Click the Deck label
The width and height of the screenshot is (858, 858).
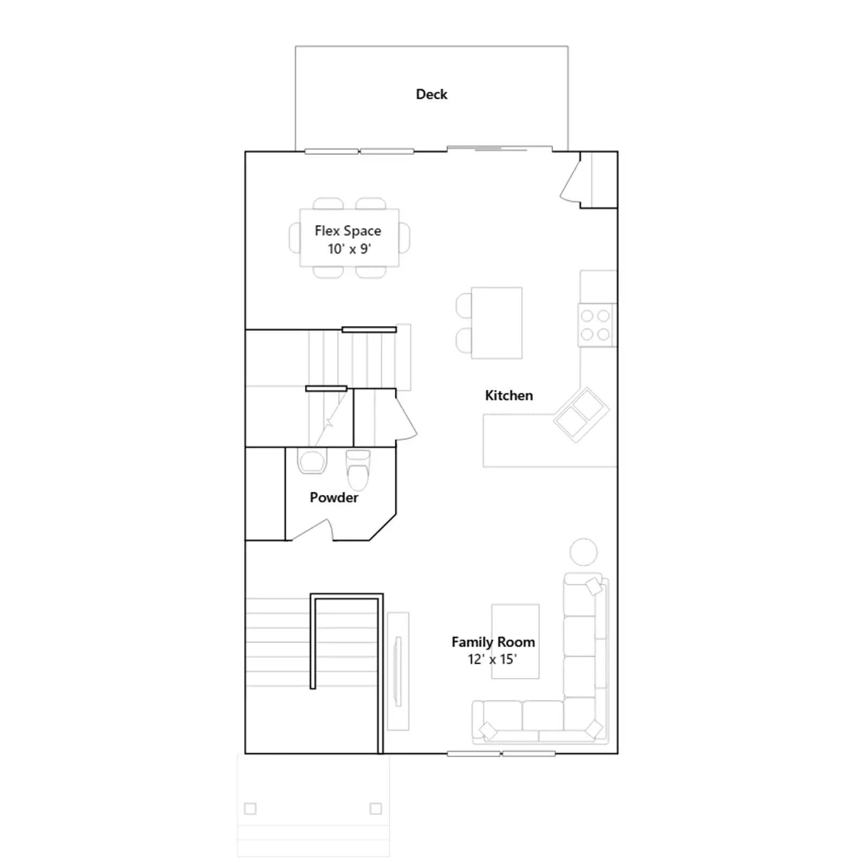click(x=431, y=94)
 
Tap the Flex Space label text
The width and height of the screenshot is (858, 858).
click(x=348, y=231)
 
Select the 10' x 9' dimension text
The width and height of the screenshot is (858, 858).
click(x=350, y=249)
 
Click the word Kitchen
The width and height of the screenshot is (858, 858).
click(x=509, y=396)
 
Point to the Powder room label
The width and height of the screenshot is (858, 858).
click(x=334, y=498)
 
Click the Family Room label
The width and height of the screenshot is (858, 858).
click(x=493, y=642)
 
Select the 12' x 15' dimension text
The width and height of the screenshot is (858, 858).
click(x=492, y=659)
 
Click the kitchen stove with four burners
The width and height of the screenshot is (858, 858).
click(x=597, y=325)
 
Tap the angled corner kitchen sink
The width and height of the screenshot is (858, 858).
click(x=581, y=415)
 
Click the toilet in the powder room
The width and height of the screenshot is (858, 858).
click(x=358, y=469)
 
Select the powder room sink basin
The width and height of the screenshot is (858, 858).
click(x=312, y=461)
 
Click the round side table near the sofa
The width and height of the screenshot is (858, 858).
click(x=583, y=552)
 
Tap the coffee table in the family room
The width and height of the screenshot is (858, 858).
click(x=515, y=641)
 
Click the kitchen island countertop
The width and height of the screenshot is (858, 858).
click(x=497, y=323)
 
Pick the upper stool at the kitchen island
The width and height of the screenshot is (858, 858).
click(x=464, y=306)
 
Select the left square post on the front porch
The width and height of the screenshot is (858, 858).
click(x=250, y=808)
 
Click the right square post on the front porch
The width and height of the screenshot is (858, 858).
click(x=376, y=808)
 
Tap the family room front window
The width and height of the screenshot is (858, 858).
click(x=501, y=753)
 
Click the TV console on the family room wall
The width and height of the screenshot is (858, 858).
click(x=398, y=671)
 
